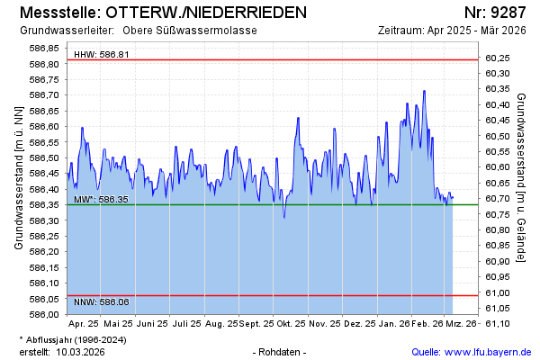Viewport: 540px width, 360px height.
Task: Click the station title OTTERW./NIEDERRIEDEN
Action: pos(205,13)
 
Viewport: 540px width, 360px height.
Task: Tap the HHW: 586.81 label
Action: pos(102,55)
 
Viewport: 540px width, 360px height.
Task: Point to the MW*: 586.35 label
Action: pos(102,199)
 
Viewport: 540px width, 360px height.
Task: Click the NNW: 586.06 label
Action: pos(102,302)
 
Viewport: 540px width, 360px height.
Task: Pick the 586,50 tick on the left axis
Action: pos(45,157)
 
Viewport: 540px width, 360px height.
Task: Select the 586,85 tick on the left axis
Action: pos(45,48)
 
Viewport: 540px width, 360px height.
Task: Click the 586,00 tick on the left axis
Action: pos(45,314)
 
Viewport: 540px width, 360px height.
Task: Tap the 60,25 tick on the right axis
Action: pos(498,58)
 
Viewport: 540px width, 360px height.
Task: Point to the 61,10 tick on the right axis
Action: pos(498,324)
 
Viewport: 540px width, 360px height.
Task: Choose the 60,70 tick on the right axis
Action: pos(498,199)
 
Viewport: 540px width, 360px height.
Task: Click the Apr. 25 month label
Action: pos(84,323)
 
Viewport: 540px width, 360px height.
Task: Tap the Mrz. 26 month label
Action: pos(462,323)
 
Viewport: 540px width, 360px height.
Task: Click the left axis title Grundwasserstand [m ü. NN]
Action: pos(19,177)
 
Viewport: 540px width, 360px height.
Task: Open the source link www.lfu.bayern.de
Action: pos(488,352)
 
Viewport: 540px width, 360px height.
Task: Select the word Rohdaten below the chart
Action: pos(280,352)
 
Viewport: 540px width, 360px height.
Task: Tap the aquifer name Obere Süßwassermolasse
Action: pos(195,31)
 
